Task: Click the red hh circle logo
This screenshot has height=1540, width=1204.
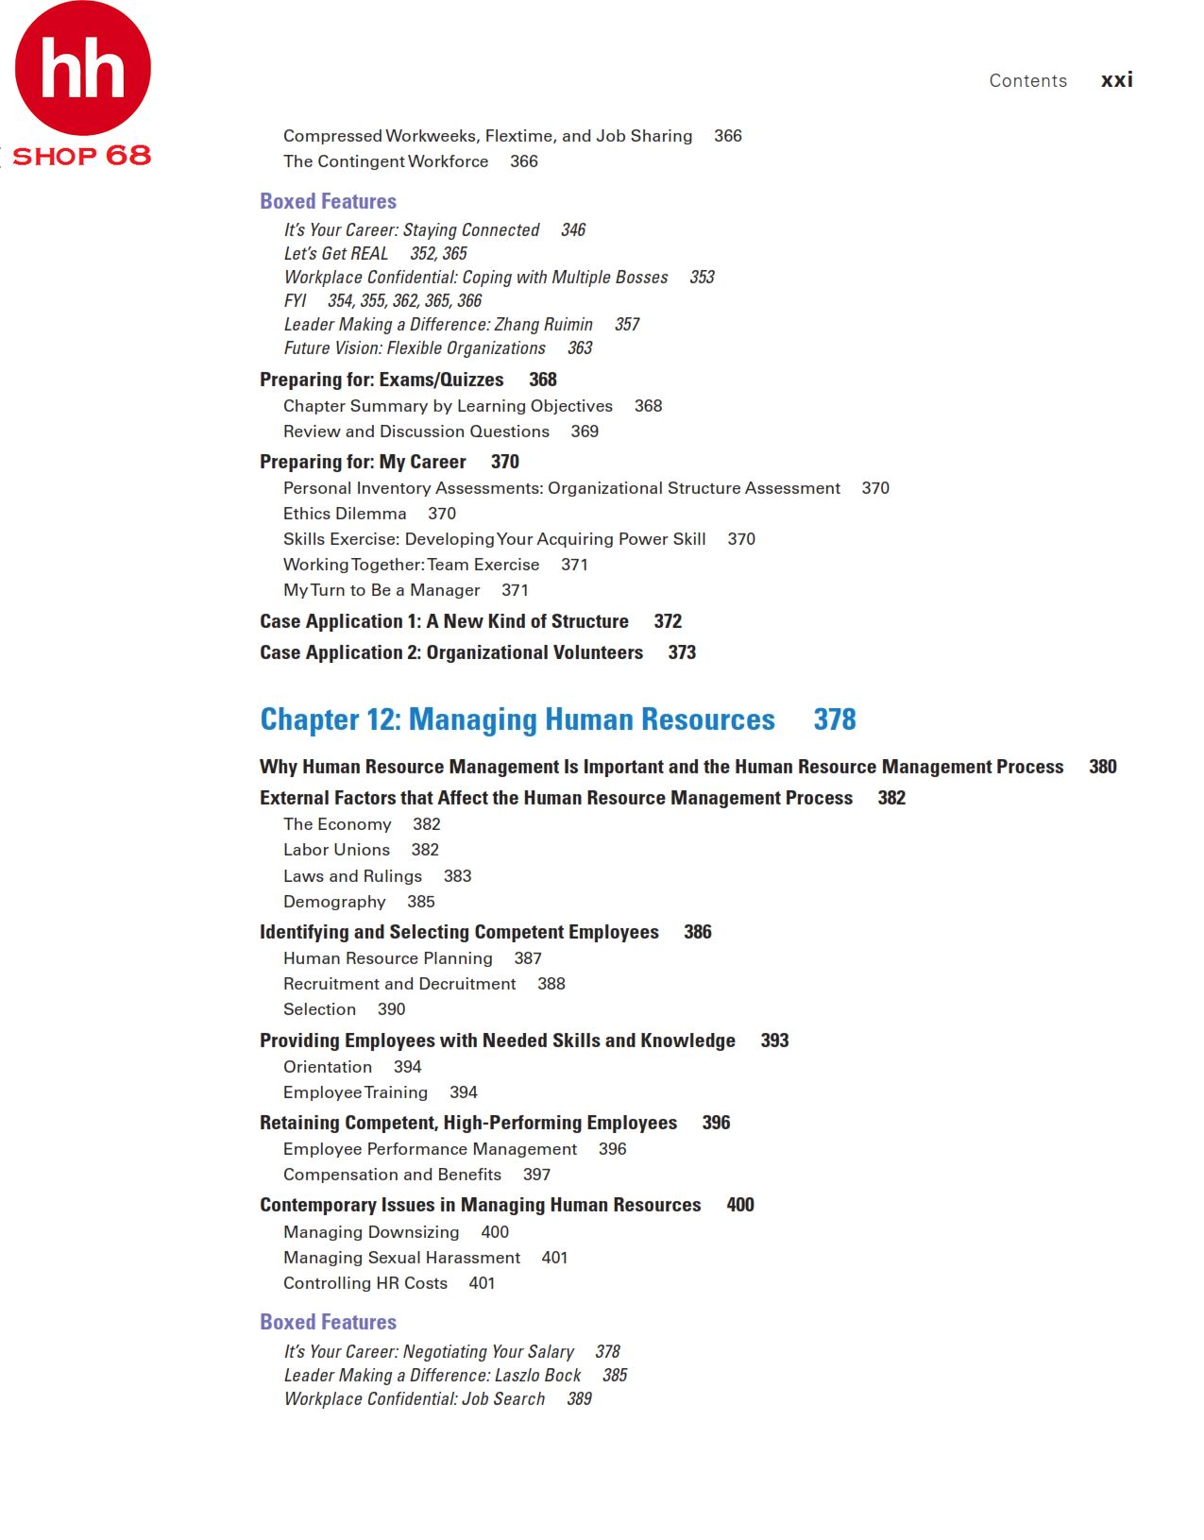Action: (x=83, y=68)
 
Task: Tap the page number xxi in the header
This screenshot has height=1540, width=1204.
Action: (x=1116, y=80)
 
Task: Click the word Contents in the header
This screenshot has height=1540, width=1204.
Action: (x=1027, y=81)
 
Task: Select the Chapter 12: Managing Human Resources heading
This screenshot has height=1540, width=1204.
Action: (x=517, y=719)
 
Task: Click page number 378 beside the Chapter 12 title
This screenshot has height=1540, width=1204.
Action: (x=835, y=719)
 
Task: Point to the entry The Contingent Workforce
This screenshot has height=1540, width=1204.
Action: (x=385, y=161)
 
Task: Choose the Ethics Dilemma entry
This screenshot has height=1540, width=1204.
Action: (x=345, y=514)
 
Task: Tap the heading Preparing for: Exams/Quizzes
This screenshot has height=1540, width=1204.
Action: (x=382, y=380)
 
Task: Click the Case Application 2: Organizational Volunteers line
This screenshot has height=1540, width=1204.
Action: (x=450, y=652)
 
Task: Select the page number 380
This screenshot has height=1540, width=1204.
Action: (x=1102, y=767)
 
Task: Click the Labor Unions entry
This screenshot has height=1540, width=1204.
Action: (x=336, y=850)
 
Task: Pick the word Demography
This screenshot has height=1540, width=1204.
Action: (x=334, y=902)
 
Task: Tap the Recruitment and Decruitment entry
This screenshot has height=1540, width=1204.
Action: (x=399, y=984)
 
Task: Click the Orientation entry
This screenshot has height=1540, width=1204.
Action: (x=328, y=1067)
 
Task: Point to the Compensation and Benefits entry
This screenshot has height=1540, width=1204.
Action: (x=392, y=1175)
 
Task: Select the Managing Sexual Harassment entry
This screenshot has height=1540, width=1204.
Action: (x=401, y=1258)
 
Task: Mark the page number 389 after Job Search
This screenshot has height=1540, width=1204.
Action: (x=579, y=1399)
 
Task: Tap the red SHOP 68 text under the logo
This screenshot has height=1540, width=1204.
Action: (x=81, y=156)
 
